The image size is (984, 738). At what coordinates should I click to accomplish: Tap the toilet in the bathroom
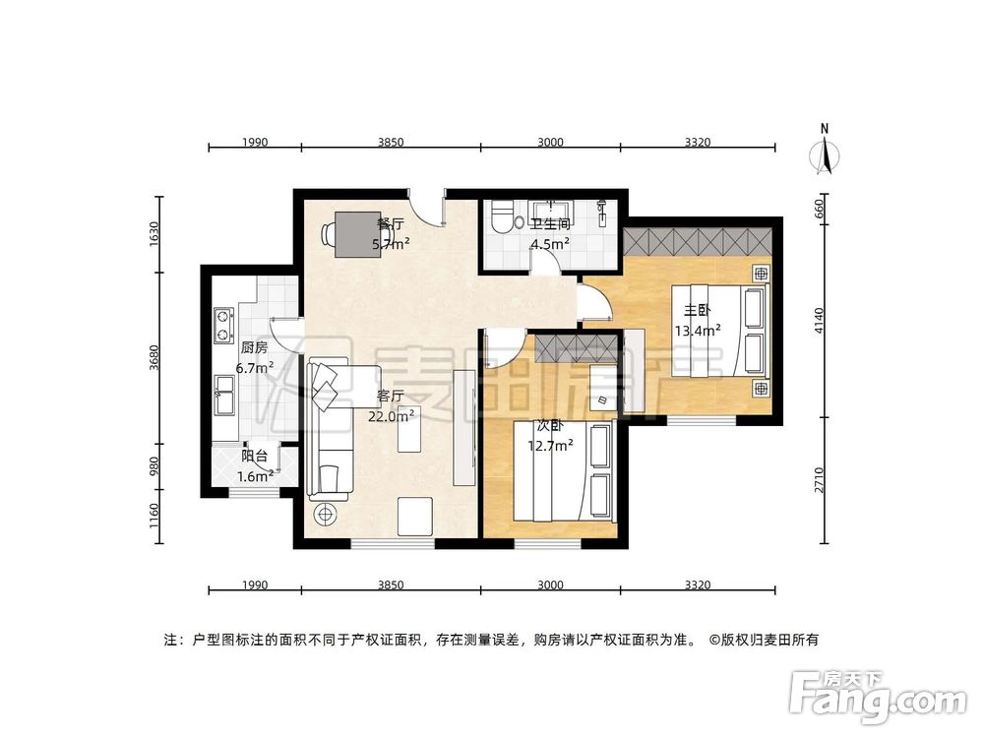tap(503, 216)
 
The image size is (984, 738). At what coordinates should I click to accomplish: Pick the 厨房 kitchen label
tap(254, 347)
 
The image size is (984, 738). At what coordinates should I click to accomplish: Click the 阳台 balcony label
tap(255, 457)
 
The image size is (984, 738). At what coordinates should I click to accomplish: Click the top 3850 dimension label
tap(391, 143)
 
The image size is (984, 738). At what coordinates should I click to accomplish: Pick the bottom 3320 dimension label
tap(697, 585)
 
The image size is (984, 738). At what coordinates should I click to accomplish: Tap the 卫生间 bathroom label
tap(550, 223)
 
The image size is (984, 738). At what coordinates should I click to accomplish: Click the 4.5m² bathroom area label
tap(550, 245)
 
